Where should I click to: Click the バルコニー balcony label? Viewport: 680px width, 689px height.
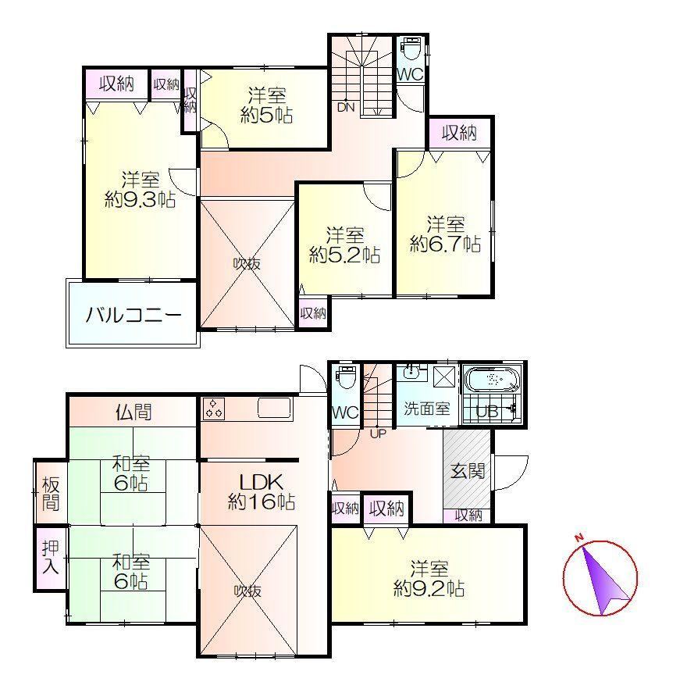coord(133,315)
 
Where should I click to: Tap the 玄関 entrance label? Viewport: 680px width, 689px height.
coord(468,471)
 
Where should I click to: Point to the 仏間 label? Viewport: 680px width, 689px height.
coord(134,412)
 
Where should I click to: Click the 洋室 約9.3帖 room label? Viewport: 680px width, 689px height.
coord(140,190)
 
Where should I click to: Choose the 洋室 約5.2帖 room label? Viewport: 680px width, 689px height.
coord(345,245)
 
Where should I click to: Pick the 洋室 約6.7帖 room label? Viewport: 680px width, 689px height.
coord(446,234)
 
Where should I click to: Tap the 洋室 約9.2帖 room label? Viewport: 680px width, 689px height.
coord(429,578)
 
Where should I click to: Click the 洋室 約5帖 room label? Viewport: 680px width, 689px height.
coord(267,105)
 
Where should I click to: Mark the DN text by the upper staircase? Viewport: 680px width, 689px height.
coord(346,108)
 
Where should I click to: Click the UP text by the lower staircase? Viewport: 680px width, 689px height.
coord(378,434)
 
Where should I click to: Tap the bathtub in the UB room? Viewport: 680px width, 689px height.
coord(493,379)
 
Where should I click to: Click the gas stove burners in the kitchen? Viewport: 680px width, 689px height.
coord(214,409)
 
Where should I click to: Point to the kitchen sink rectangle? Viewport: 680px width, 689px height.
coord(275,407)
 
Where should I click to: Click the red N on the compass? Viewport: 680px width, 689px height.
coord(579,537)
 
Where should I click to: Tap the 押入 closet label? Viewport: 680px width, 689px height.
coord(50,558)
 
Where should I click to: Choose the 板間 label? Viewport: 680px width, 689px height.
coord(51,494)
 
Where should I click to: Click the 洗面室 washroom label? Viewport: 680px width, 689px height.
coord(426,409)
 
